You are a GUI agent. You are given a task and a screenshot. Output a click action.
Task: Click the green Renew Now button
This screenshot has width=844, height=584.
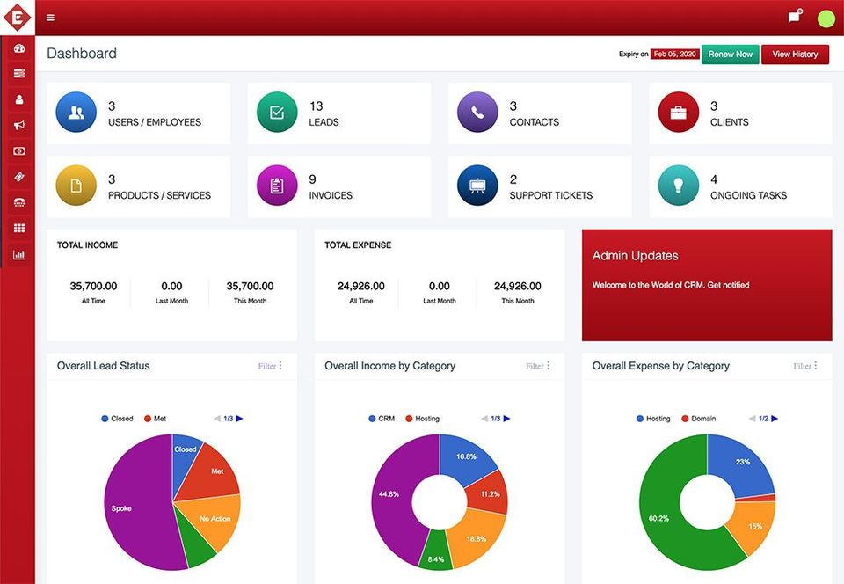pyautogui.click(x=730, y=55)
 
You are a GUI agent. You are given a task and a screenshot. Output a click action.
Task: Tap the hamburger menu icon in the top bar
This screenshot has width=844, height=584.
pyautogui.click(x=50, y=18)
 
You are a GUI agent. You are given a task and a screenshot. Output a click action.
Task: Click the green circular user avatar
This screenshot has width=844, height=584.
pyautogui.click(x=826, y=18)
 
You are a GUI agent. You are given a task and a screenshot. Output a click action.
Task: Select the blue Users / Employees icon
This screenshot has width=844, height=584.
pyautogui.click(x=76, y=113)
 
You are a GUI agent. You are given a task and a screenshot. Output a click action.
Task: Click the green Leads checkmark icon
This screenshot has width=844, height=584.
pyautogui.click(x=276, y=113)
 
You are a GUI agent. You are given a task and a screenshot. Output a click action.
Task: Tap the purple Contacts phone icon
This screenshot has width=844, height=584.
pyautogui.click(x=477, y=113)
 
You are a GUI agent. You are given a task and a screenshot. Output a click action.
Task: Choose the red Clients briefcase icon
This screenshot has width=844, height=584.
pyautogui.click(x=678, y=113)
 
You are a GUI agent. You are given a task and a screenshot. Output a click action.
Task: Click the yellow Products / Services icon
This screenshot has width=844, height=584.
pyautogui.click(x=76, y=186)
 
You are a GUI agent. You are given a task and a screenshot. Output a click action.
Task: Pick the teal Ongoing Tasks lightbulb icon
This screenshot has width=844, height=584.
pyautogui.click(x=678, y=186)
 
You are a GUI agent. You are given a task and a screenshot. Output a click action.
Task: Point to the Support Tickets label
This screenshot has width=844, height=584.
pyautogui.click(x=550, y=195)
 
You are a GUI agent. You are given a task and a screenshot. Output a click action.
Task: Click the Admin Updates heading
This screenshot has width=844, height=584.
pyautogui.click(x=635, y=256)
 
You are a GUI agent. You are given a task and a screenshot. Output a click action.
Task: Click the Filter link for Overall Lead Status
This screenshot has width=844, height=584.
pyautogui.click(x=269, y=366)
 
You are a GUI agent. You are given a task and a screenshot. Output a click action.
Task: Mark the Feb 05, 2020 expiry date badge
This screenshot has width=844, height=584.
pyautogui.click(x=674, y=55)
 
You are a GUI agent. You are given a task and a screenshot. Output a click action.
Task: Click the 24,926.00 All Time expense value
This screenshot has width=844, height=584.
pyautogui.click(x=360, y=287)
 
